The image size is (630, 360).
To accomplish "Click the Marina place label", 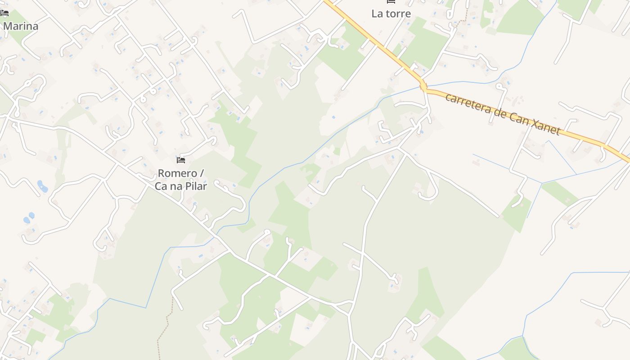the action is pyautogui.click(x=21, y=26).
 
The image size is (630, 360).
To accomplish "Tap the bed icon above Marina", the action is pyautogui.click(x=4, y=13).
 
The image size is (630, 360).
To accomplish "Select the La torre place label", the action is pyautogui.click(x=391, y=13).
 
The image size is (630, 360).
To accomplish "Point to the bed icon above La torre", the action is pyautogui.click(x=391, y=2).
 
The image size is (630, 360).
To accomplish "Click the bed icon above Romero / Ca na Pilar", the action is pyautogui.click(x=181, y=160).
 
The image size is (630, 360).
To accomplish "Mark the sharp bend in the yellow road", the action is pyautogui.click(x=423, y=85).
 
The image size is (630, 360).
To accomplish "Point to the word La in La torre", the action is pyautogui.click(x=377, y=13).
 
